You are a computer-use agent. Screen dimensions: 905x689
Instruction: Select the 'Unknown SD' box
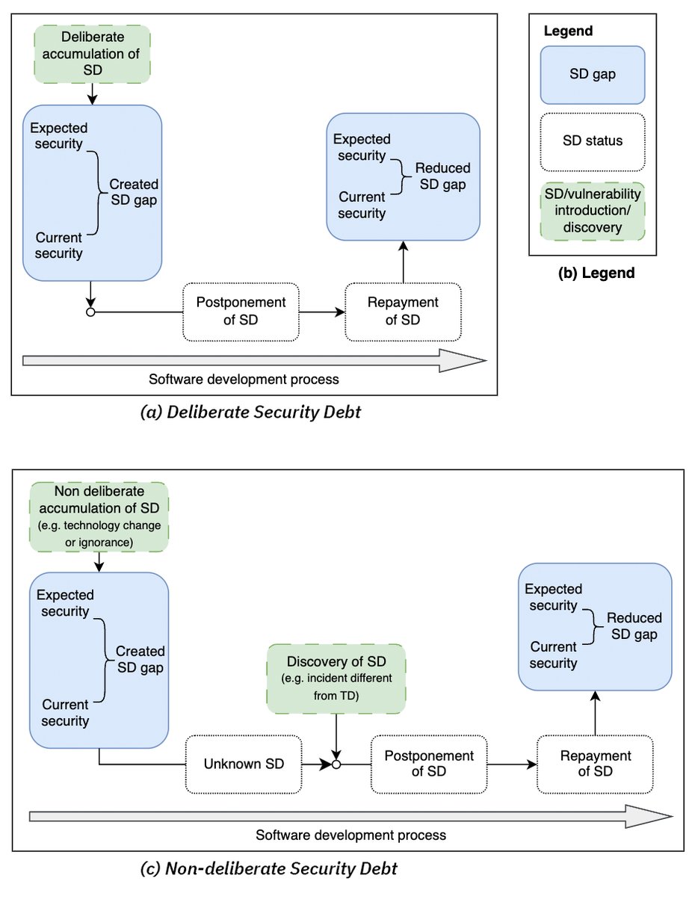pyautogui.click(x=244, y=764)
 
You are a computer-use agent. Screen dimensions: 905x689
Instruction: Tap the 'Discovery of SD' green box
pyautogui.click(x=336, y=678)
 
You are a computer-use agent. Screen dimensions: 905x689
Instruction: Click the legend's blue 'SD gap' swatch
pyautogui.click(x=593, y=74)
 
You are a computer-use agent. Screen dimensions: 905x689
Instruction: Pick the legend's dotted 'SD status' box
pyautogui.click(x=593, y=141)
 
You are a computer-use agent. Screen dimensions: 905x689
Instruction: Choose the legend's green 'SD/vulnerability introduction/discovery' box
pyautogui.click(x=593, y=211)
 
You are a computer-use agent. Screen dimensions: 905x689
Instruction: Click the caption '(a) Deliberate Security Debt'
pyautogui.click(x=251, y=412)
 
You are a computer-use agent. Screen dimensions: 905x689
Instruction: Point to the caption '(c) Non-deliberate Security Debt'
pyautogui.click(x=269, y=868)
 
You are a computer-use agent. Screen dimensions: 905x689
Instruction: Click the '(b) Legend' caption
pyautogui.click(x=596, y=274)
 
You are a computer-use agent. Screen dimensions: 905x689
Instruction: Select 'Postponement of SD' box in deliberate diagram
pyautogui.click(x=241, y=311)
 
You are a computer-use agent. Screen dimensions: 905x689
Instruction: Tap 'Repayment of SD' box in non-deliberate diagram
pyautogui.click(x=596, y=764)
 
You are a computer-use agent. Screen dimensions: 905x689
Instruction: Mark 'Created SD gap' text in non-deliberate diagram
pyautogui.click(x=140, y=660)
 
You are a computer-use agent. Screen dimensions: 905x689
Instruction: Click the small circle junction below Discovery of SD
pyautogui.click(x=336, y=765)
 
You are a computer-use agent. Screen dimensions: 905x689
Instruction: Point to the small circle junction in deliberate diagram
pyautogui.click(x=90, y=312)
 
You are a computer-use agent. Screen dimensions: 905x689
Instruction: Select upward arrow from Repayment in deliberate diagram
pyautogui.click(x=404, y=262)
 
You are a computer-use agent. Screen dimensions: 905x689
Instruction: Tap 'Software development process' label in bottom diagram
pyautogui.click(x=350, y=835)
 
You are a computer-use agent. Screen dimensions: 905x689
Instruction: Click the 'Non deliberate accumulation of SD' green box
pyautogui.click(x=99, y=517)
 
